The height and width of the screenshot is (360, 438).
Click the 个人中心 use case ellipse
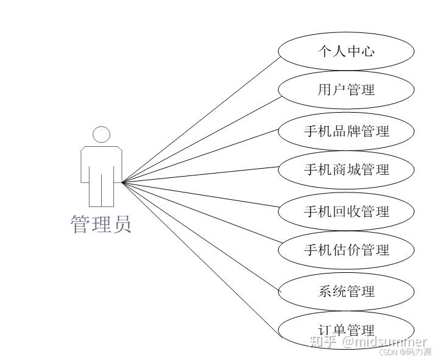(346, 51)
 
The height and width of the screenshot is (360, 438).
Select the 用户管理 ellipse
(346, 90)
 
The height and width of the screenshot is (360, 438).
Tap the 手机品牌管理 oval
(346, 130)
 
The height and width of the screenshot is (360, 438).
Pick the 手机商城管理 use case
(346, 169)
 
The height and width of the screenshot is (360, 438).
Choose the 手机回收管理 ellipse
(346, 211)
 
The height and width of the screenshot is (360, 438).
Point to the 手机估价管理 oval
(346, 250)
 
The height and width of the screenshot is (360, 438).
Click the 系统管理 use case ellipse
(346, 291)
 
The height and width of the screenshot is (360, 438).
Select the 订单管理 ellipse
(346, 330)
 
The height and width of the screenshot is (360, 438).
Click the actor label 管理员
(101, 224)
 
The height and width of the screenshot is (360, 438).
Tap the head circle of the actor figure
(102, 135)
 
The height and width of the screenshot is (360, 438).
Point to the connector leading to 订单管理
(201, 256)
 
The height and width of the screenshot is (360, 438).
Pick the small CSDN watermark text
(388, 351)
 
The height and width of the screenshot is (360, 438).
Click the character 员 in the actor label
(121, 224)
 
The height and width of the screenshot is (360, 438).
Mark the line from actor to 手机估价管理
(201, 216)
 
